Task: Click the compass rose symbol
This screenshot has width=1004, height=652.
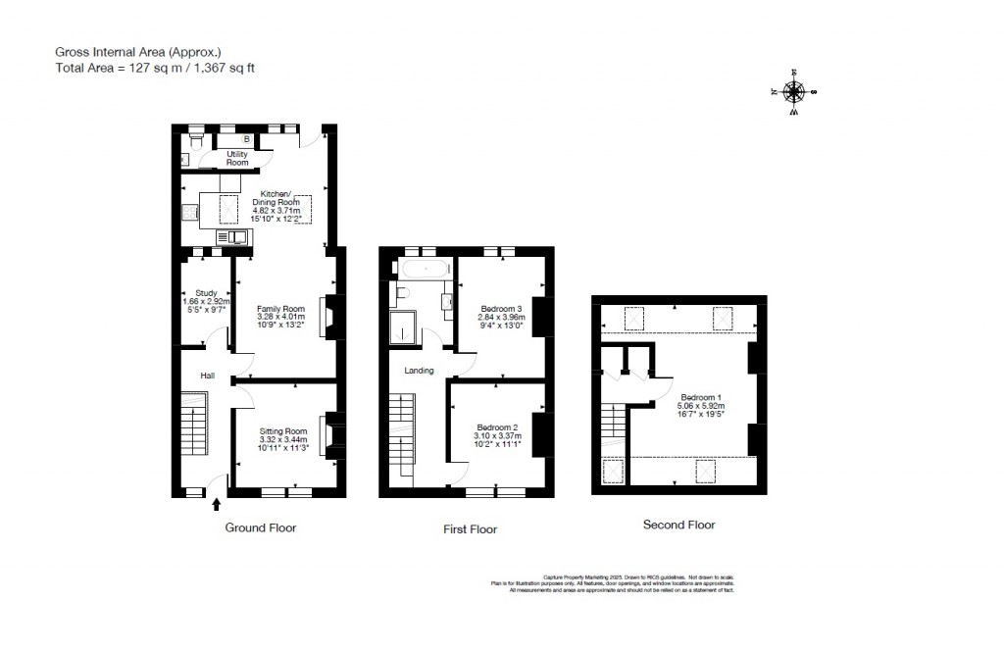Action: click(x=793, y=92)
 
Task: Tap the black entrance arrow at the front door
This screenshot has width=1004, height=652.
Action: click(x=217, y=504)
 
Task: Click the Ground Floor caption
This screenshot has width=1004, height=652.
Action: click(x=261, y=527)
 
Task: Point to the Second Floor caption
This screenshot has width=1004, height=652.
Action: click(x=678, y=525)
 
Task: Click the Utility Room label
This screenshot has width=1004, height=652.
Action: click(x=237, y=158)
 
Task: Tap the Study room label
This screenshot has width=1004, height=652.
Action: click(x=206, y=292)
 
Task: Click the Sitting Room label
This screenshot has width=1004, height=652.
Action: click(x=283, y=431)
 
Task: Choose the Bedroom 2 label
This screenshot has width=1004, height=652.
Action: click(x=497, y=427)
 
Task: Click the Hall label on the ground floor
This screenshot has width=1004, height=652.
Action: click(x=208, y=376)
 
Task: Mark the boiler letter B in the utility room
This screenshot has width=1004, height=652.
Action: click(x=233, y=139)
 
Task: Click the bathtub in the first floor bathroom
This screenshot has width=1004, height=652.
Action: click(x=423, y=266)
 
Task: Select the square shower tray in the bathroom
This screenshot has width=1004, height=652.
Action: click(x=403, y=329)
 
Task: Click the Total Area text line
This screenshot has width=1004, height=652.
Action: click(x=155, y=68)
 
